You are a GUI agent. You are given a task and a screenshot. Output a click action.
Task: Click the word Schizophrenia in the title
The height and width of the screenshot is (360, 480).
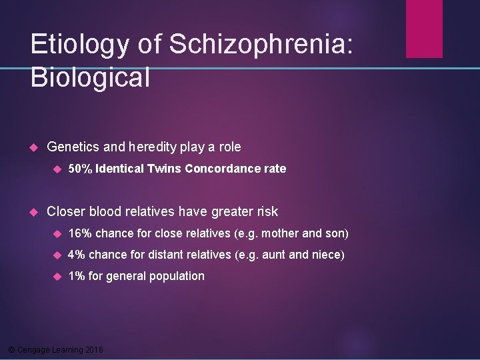261,45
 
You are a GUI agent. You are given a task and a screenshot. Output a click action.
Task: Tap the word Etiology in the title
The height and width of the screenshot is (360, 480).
79,45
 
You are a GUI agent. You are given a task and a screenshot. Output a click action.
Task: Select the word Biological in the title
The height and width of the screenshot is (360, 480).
90,78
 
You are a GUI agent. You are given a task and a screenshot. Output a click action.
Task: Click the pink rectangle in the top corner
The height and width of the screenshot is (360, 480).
424,28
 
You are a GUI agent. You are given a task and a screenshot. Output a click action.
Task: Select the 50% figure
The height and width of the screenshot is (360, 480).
80,169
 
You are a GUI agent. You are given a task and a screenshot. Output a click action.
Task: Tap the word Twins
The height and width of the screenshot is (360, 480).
164,169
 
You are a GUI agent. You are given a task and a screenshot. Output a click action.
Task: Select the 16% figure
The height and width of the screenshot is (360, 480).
80,233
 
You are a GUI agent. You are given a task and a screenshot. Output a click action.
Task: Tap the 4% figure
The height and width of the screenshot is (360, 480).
77,255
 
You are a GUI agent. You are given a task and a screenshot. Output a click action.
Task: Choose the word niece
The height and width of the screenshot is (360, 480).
327,255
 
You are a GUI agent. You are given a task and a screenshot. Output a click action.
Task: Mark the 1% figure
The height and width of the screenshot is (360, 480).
77,276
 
